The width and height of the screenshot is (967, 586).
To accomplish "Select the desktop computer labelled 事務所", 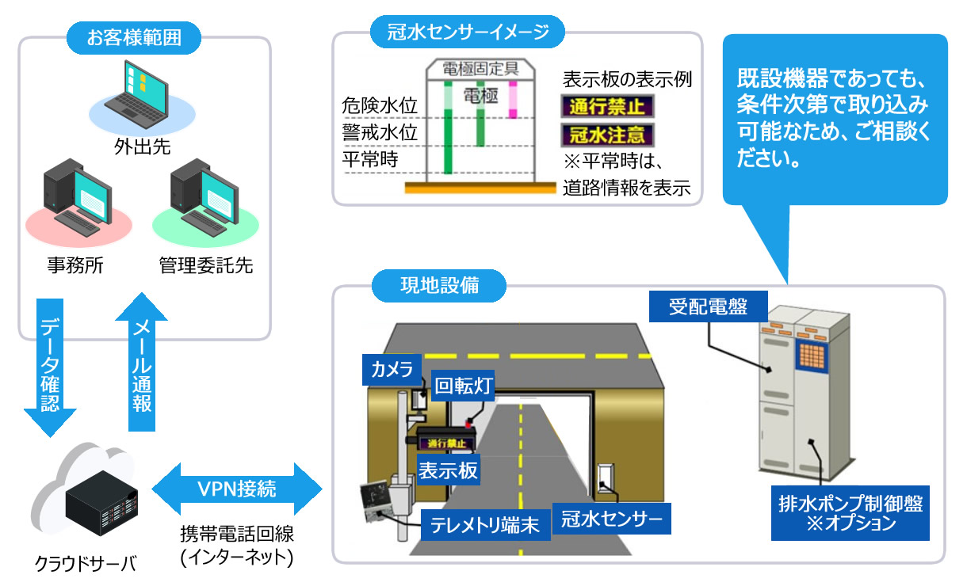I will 75,198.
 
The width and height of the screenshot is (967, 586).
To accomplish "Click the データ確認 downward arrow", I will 48,364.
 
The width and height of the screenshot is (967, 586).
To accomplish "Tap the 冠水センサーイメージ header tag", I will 468,32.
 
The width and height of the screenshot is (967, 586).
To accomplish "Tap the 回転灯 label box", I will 465,386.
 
